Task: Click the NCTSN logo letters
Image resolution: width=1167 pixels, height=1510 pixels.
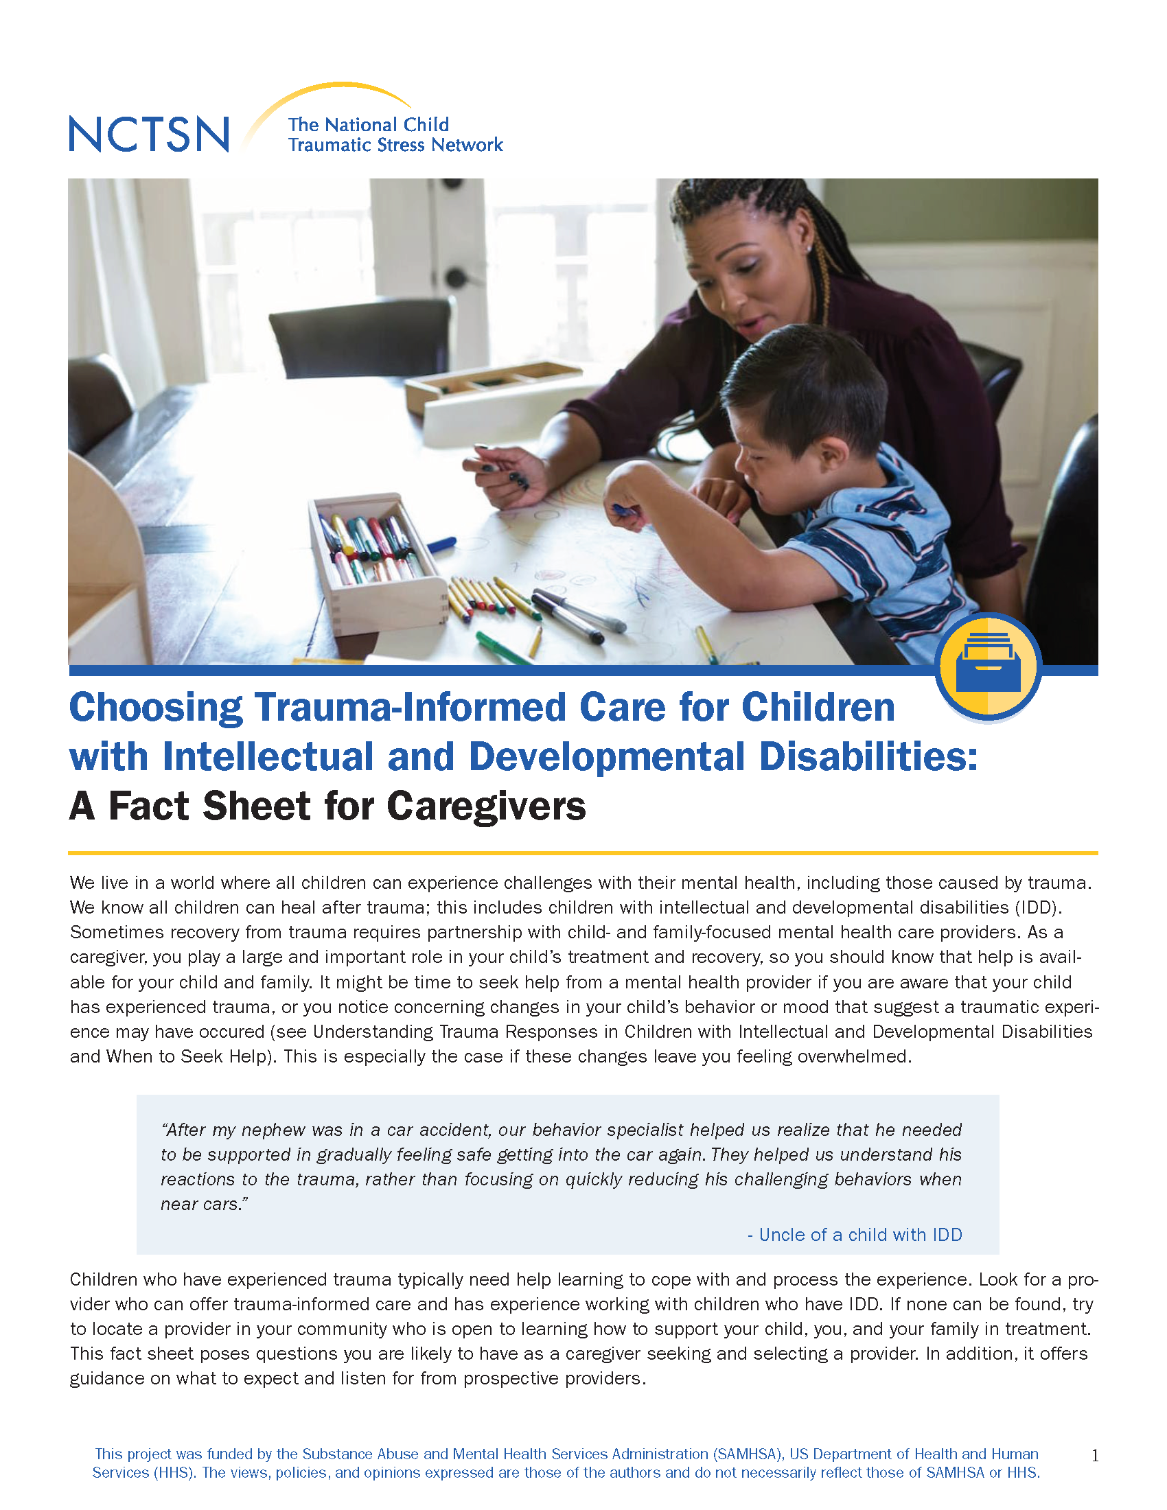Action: [149, 134]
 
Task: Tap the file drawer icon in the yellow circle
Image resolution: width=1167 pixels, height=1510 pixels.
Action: [988, 662]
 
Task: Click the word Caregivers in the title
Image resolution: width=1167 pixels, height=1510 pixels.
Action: [486, 806]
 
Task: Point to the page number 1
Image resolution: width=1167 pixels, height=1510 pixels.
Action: [1094, 1455]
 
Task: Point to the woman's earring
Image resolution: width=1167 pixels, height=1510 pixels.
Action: [808, 248]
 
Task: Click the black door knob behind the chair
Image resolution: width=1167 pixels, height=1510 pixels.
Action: [457, 278]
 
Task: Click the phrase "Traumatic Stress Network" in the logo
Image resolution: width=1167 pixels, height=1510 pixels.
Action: [395, 145]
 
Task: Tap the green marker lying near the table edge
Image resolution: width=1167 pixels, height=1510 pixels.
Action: [503, 648]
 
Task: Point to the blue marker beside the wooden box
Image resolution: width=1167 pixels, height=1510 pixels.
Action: [441, 545]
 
